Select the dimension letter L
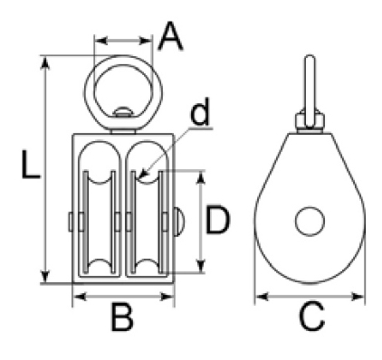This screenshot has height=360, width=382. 31,165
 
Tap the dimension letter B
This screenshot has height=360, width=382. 122,317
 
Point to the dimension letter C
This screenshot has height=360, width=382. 311,317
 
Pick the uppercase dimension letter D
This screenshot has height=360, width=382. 217,220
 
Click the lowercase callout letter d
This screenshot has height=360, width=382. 200,111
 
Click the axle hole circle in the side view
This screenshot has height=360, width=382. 310,221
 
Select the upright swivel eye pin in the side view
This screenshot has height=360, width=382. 310,90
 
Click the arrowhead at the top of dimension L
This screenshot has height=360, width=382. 45,62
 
